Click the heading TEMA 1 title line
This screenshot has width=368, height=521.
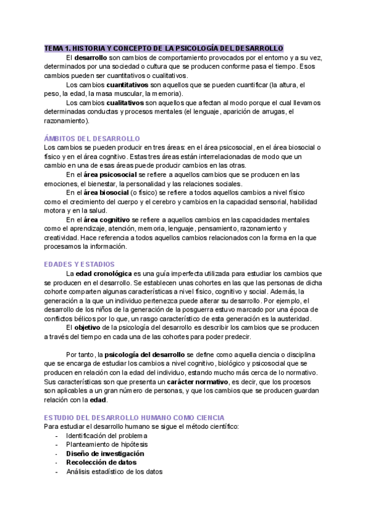click(x=164, y=48)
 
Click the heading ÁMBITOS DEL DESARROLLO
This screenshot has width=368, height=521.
click(x=93, y=139)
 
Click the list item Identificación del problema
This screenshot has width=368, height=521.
click(x=107, y=436)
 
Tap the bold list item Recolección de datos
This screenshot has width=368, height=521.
click(x=101, y=462)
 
